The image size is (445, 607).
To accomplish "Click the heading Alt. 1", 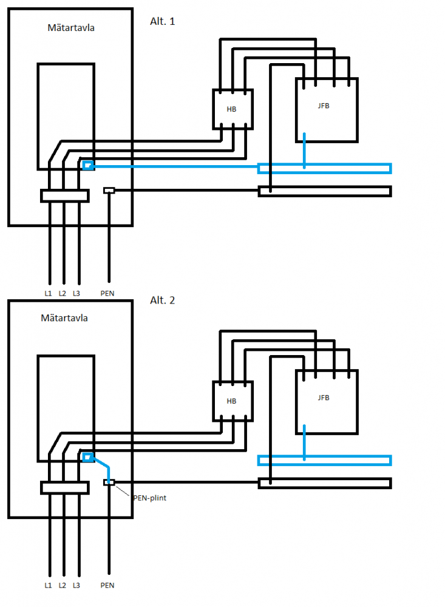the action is click(x=162, y=21).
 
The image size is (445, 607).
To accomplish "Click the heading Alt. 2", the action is click(x=162, y=300).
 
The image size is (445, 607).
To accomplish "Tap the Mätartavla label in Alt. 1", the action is click(x=71, y=27).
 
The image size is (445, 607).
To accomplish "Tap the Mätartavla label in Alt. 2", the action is click(x=64, y=318).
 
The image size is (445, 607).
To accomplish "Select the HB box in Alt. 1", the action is click(x=233, y=109).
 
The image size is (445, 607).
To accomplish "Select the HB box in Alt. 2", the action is click(x=233, y=401).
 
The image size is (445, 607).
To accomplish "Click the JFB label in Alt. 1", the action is click(x=324, y=106).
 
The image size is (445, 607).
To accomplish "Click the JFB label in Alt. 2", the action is click(x=324, y=398).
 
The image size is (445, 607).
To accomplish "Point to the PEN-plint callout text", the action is click(x=150, y=498).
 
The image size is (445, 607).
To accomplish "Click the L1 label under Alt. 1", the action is click(x=48, y=293).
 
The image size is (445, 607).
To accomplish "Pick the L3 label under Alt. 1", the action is click(x=76, y=293).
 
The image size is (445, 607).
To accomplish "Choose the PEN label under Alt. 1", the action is click(x=107, y=293).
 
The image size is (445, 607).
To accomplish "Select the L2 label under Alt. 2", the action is click(x=63, y=585).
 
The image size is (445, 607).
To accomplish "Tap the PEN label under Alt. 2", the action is click(x=107, y=585).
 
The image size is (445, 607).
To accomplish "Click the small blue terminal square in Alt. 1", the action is click(x=88, y=166).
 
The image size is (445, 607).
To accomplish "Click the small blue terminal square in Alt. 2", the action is click(x=88, y=458).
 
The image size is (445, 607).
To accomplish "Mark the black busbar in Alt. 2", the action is click(x=325, y=483).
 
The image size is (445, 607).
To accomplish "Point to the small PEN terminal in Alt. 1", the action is click(x=109, y=191).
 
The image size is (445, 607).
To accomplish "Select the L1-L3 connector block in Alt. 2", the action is click(x=65, y=488).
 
